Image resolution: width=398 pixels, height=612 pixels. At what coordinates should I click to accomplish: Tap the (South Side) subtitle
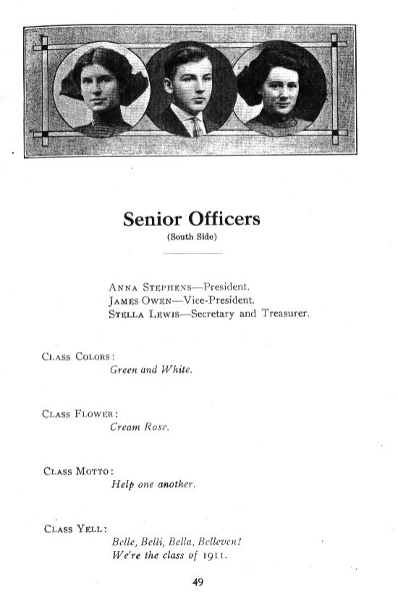192,237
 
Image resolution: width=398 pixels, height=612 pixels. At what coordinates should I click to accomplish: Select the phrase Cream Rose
139,427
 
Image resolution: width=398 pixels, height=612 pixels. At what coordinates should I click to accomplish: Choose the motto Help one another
153,484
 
